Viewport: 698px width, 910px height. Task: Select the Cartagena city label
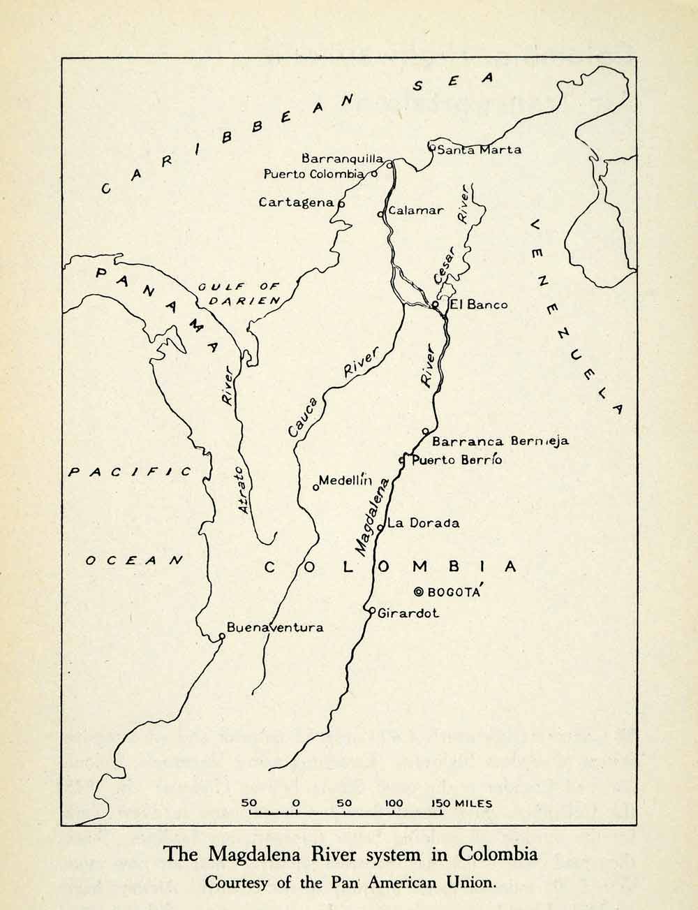pos(297,202)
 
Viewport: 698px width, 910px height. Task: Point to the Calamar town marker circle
pos(380,214)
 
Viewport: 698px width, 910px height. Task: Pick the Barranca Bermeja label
pos(500,441)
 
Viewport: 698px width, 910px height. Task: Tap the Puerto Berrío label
pos(456,460)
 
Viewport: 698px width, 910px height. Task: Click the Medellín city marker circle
pos(315,487)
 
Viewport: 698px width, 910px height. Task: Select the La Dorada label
pos(424,522)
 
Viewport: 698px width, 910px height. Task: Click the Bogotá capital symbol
pos(419,592)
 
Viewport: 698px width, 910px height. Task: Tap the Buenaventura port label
pos(275,627)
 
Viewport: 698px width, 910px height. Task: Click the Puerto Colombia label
pos(314,174)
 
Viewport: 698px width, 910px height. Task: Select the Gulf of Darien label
pos(239,293)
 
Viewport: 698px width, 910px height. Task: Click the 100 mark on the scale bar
pos(393,803)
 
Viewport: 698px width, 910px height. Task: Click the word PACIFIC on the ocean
pos(130,473)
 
